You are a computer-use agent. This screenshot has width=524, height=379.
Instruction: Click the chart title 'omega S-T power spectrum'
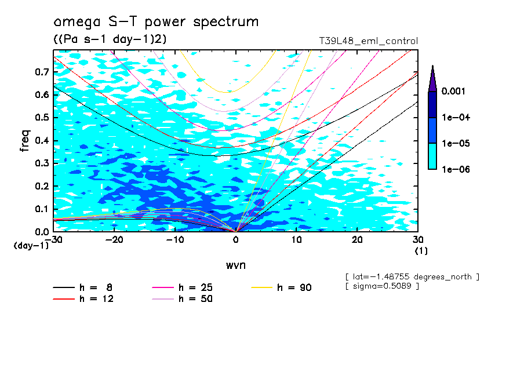155,22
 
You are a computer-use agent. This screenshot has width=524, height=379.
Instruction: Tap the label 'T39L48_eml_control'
368,41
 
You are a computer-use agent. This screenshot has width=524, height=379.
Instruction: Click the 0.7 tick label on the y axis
42,72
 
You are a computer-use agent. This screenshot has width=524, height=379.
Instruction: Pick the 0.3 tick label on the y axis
42,163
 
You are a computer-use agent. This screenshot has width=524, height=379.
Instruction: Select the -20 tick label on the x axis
114,240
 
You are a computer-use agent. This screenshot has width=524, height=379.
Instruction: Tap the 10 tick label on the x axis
296,240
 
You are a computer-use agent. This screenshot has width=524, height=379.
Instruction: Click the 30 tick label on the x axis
417,240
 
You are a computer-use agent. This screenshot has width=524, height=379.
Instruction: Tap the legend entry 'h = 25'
195,287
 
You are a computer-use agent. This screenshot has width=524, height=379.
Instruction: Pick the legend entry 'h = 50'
195,299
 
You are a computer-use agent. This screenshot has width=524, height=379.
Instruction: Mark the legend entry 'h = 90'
294,287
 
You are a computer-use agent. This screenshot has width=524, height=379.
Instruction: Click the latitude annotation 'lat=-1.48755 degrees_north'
412,276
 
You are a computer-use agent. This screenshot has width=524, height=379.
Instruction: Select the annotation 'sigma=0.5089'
381,286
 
